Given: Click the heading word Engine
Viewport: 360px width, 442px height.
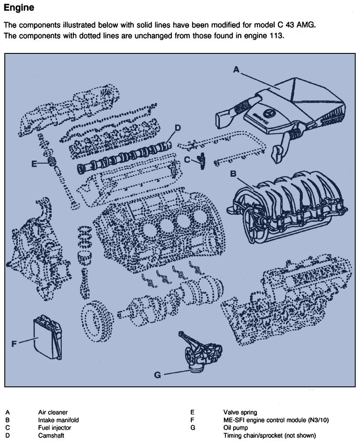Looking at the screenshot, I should tap(19, 8).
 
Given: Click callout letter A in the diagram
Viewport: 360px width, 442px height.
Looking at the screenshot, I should tap(236, 69).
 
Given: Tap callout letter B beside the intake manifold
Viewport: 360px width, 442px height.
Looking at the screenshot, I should tap(233, 174).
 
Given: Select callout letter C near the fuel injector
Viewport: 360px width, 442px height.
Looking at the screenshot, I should tap(187, 160).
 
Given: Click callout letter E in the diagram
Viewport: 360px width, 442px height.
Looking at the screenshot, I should tap(34, 164).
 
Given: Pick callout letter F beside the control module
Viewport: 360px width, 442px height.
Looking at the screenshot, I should tap(14, 343).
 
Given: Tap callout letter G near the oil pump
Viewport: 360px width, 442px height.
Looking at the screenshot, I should tap(157, 374).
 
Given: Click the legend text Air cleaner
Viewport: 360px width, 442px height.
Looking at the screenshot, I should tap(53, 412).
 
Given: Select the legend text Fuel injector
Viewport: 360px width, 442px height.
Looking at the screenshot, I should tap(55, 428).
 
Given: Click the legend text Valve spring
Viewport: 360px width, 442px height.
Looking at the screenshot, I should tap(240, 412).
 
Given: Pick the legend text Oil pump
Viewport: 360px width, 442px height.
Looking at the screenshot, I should tap(236, 428).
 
